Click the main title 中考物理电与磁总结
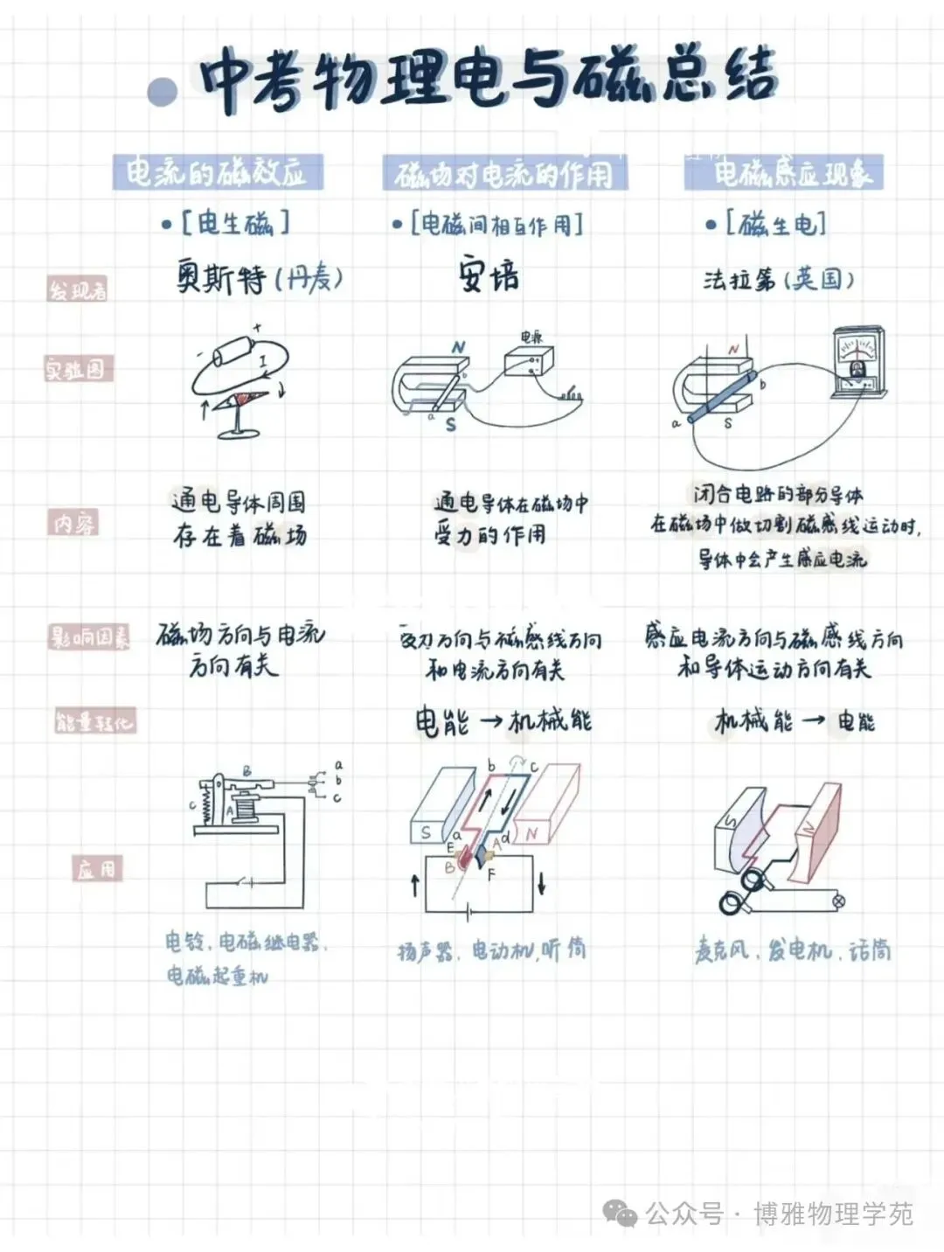pyautogui.click(x=488, y=80)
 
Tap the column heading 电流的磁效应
pyautogui.click(x=218, y=172)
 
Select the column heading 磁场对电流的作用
pyautogui.click(x=504, y=174)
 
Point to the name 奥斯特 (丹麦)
pyautogui.click(x=259, y=279)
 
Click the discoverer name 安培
pyautogui.click(x=488, y=276)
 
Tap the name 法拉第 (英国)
pyautogui.click(x=778, y=279)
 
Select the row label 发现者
pyautogui.click(x=77, y=289)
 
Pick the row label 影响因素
pyautogui.click(x=88, y=637)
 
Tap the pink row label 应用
pyautogui.click(x=97, y=868)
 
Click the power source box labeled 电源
pyautogui.click(x=530, y=359)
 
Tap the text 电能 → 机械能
pyautogui.click(x=503, y=721)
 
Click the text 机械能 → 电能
pyautogui.click(x=794, y=721)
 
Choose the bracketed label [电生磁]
pyautogui.click(x=234, y=223)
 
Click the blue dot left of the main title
pyautogui.click(x=163, y=90)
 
